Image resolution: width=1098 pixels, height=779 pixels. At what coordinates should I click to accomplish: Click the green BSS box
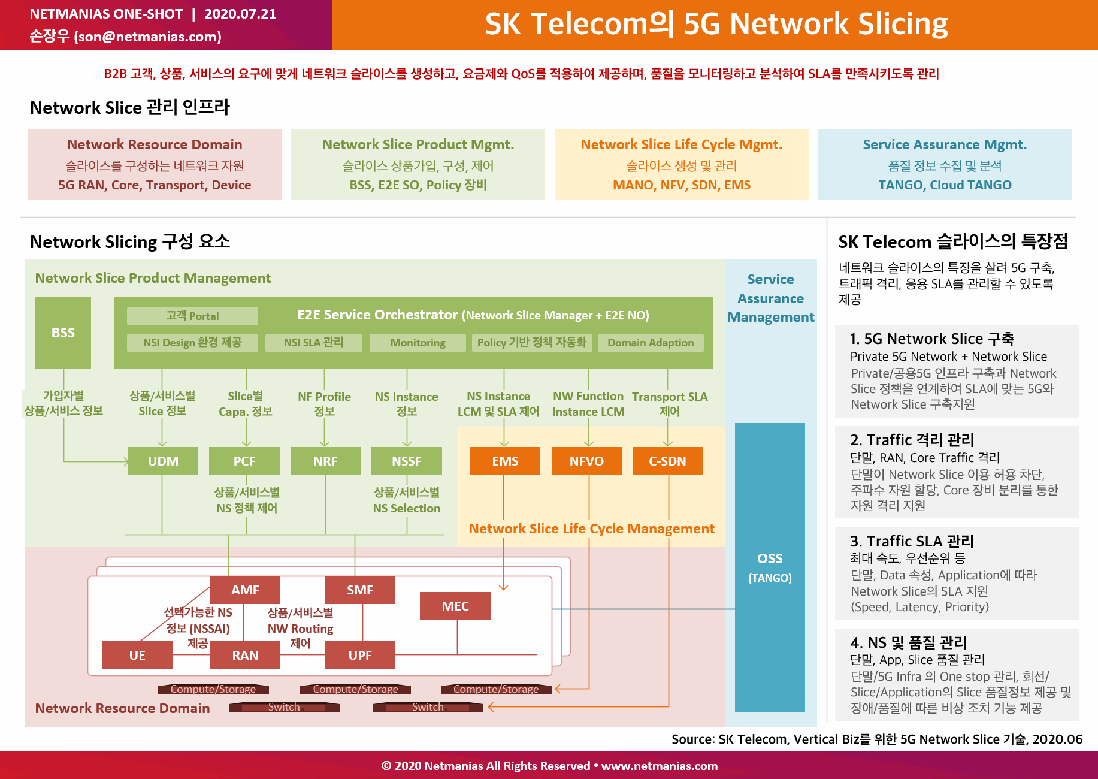[63, 332]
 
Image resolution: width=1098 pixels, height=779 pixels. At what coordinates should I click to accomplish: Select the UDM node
[163, 461]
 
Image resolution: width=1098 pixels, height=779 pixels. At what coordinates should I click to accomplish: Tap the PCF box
[244, 461]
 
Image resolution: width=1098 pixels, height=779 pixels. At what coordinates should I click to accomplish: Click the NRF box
[325, 461]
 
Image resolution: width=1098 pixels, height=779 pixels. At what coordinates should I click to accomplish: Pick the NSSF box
[407, 461]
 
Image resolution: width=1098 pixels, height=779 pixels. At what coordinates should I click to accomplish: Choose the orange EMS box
[505, 461]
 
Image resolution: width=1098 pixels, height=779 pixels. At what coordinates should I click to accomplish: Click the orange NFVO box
[586, 461]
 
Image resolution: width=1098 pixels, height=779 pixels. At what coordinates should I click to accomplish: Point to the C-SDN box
[667, 461]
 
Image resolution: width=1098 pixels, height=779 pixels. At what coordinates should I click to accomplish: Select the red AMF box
[245, 590]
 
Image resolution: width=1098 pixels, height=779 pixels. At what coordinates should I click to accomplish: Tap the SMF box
[360, 590]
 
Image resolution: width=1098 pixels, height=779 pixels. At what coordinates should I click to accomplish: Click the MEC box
[455, 606]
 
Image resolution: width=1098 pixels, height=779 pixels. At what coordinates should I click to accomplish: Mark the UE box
[137, 655]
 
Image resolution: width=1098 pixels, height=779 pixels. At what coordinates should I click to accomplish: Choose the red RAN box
[245, 655]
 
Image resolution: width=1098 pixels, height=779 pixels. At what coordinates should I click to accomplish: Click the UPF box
[360, 655]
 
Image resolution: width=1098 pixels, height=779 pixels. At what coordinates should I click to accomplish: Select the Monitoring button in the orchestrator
[418, 343]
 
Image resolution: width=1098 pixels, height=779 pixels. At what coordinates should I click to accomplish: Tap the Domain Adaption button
[651, 343]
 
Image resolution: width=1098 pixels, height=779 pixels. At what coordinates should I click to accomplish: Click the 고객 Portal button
[192, 316]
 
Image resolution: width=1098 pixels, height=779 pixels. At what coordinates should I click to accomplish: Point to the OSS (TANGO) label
[770, 567]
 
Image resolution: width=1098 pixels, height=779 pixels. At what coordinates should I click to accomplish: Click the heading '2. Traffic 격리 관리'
[912, 440]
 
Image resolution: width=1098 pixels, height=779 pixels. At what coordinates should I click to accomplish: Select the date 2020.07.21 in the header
[240, 14]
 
